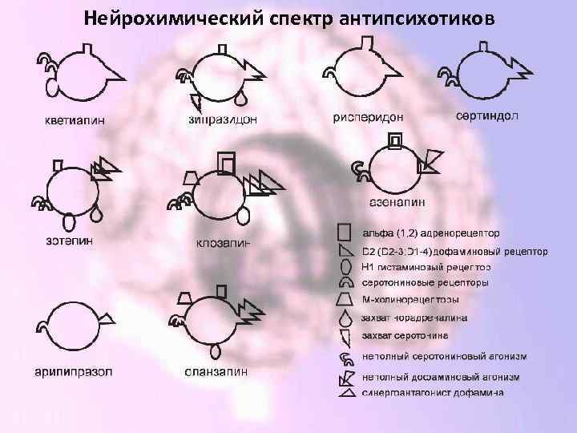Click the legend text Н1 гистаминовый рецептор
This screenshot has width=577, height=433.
click(426, 267)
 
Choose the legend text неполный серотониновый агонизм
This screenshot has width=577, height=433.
click(438, 356)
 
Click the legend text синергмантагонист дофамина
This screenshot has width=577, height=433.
click(433, 393)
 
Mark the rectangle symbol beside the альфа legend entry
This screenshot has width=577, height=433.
click(345, 233)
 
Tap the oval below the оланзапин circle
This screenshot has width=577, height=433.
click(216, 350)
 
